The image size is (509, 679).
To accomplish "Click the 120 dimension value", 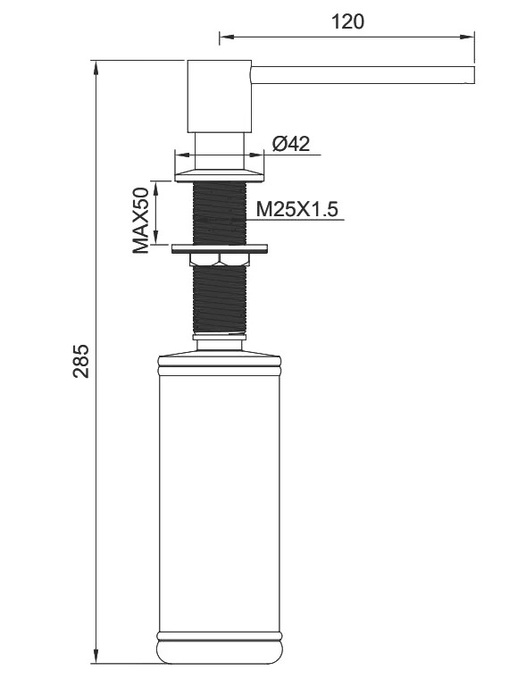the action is coord(347,21).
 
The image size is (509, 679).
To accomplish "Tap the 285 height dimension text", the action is coord(81,361).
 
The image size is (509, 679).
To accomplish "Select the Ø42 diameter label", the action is coord(291,144).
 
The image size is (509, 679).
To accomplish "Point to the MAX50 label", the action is coord(141,221).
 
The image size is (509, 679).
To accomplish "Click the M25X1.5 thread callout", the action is coord(296,210).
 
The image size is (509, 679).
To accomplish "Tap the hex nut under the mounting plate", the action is coord(220,259).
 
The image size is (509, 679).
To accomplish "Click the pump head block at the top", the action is coord(220,96).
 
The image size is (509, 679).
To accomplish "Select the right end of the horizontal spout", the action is coord(474,74).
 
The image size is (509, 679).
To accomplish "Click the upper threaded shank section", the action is coord(220,213).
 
